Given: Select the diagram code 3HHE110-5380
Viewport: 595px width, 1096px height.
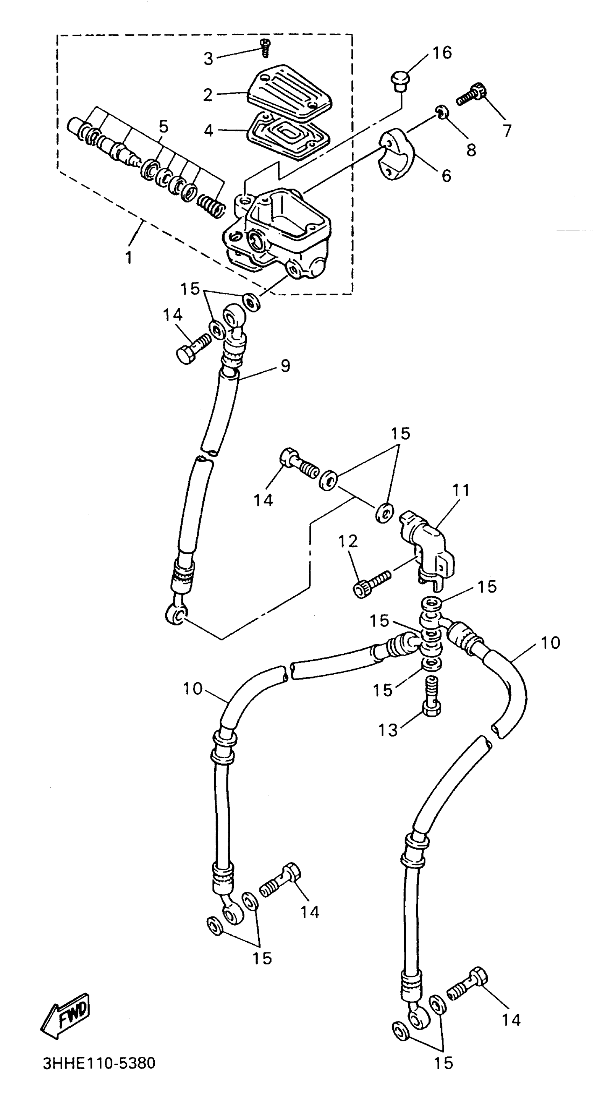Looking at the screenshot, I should [x=99, y=1063].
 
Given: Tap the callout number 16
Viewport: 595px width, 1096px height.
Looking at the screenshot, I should [x=442, y=53].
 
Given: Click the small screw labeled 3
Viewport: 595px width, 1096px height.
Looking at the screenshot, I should [x=266, y=47].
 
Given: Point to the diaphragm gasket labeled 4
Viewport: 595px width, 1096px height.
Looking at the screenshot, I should [x=289, y=135].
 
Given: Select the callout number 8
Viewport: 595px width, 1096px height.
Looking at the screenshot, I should [x=471, y=150].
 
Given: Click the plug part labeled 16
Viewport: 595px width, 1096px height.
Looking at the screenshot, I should [x=400, y=81].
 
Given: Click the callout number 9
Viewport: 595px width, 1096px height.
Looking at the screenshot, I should [x=285, y=366].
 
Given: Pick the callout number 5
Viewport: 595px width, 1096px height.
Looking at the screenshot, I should [x=163, y=126].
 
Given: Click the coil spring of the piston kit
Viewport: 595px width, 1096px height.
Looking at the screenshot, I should [x=211, y=205].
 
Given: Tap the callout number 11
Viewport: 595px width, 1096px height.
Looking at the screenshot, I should [x=461, y=491].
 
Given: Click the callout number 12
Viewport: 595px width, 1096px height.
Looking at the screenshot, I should [x=348, y=542].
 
